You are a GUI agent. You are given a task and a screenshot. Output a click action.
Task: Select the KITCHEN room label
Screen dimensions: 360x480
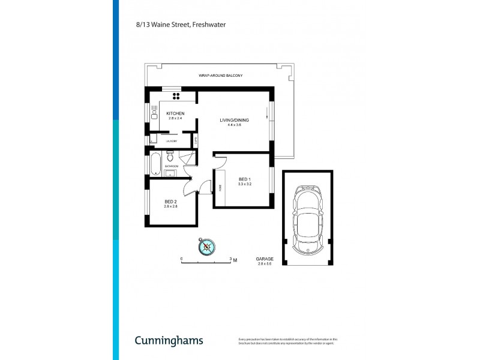pyautogui.click(x=175, y=113)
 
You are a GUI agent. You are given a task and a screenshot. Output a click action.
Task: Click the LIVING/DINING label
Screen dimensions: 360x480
pyautogui.click(x=235, y=120)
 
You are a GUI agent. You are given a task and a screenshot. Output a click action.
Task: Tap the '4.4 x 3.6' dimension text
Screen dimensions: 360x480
pyautogui.click(x=235, y=125)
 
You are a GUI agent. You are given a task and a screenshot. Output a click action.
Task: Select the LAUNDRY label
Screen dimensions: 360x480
pyautogui.click(x=170, y=141)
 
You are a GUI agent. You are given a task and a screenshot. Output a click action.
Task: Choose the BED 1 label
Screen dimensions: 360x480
pyautogui.click(x=244, y=179)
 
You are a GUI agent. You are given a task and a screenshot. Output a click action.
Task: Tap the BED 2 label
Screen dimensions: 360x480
pyautogui.click(x=170, y=201)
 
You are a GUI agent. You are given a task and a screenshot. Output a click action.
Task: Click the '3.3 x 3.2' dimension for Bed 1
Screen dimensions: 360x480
pyautogui.click(x=244, y=185)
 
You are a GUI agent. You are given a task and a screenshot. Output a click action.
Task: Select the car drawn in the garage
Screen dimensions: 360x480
pyautogui.click(x=307, y=218)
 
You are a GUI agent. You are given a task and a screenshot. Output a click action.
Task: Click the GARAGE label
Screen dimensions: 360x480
pyautogui.click(x=265, y=259)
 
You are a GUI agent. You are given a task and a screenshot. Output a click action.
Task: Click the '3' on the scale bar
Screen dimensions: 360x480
pyautogui.click(x=231, y=259)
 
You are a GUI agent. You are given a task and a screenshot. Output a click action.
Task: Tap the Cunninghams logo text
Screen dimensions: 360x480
pyautogui.click(x=169, y=340)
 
